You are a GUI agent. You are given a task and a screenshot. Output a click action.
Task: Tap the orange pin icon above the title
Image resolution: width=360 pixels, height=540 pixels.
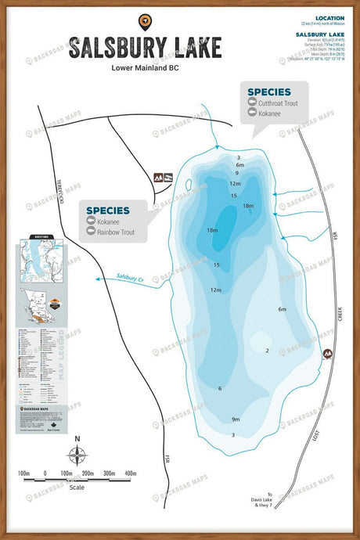coord(144,20)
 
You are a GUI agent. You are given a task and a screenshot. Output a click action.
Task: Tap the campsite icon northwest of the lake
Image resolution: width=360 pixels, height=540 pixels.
coord(162,178)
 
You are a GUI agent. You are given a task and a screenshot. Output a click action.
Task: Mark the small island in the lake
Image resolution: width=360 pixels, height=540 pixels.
coord(189,185)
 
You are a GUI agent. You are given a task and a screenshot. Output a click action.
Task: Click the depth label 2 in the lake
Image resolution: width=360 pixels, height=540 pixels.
coord(268,351)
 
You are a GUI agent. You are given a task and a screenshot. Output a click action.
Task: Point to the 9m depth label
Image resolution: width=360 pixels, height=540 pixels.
coord(235,419)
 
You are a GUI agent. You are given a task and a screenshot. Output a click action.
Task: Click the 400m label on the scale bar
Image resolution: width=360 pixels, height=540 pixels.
coord(131,474)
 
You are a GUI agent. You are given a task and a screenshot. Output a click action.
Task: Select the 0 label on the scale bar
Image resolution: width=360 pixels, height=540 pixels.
coord(45,474)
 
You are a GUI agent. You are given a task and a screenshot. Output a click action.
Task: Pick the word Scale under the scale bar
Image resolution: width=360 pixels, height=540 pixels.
coord(77,487)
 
